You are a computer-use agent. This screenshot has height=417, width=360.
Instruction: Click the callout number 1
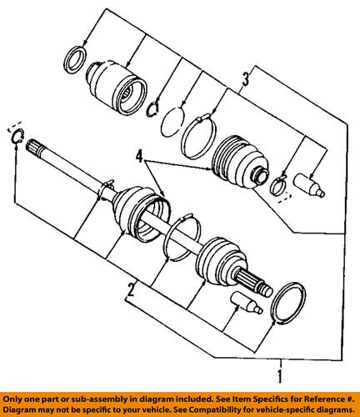click(281, 376)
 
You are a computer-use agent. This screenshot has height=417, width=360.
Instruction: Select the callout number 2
click(132, 290)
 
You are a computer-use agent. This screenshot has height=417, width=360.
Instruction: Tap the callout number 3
click(246, 78)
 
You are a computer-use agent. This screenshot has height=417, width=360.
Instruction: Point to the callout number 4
click(140, 156)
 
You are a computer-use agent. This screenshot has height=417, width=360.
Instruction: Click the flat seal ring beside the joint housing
click(75, 60)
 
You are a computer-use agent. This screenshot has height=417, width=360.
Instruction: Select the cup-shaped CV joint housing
click(117, 87)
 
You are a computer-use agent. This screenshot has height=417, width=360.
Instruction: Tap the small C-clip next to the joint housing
click(152, 108)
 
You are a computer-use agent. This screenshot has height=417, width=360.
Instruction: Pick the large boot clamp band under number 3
click(198, 137)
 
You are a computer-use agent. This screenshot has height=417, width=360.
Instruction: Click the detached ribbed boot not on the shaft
click(240, 162)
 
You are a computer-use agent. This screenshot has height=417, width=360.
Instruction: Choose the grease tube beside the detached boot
click(309, 185)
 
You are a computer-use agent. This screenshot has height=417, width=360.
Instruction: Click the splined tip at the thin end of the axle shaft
click(34, 147)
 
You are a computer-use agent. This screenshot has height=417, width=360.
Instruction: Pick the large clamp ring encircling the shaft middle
click(182, 238)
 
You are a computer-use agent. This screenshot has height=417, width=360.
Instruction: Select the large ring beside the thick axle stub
click(288, 303)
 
